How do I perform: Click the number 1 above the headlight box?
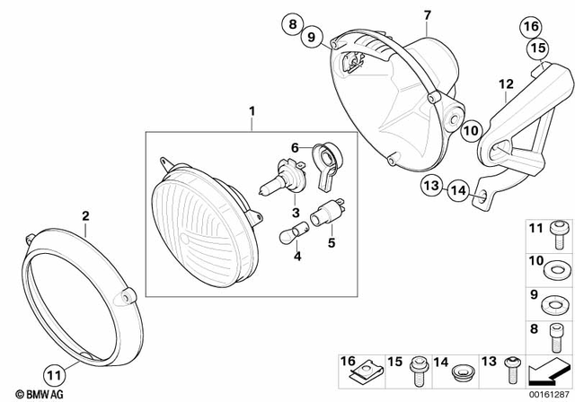(252, 113)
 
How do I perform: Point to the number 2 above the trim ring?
(84, 216)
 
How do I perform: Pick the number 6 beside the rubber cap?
(293, 147)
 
